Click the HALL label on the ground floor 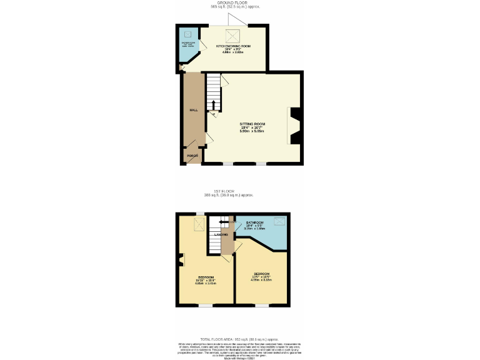pos(194,110)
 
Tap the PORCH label pos(192,155)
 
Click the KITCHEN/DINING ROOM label pos(233,46)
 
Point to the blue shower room pos(188,45)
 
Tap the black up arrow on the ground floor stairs pos(213,105)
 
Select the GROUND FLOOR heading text pos(234,3)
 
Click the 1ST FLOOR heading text pos(223,191)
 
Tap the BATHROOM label pos(254,222)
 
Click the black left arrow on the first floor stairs pos(222,221)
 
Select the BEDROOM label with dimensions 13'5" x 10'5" pos(261,274)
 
